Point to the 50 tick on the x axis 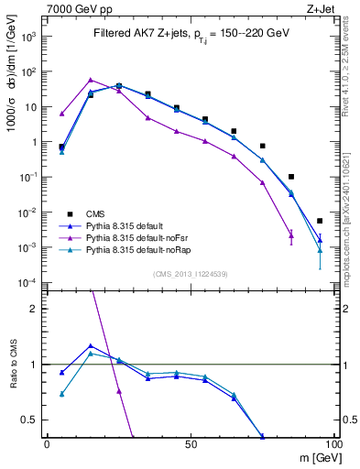(x=191, y=445)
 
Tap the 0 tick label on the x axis (x=47, y=445)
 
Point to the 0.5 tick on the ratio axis (x=31, y=420)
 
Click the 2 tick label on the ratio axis (x=35, y=309)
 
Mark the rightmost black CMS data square (x=320, y=221)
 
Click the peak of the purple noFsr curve (x=91, y=80)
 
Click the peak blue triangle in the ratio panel (x=91, y=346)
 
